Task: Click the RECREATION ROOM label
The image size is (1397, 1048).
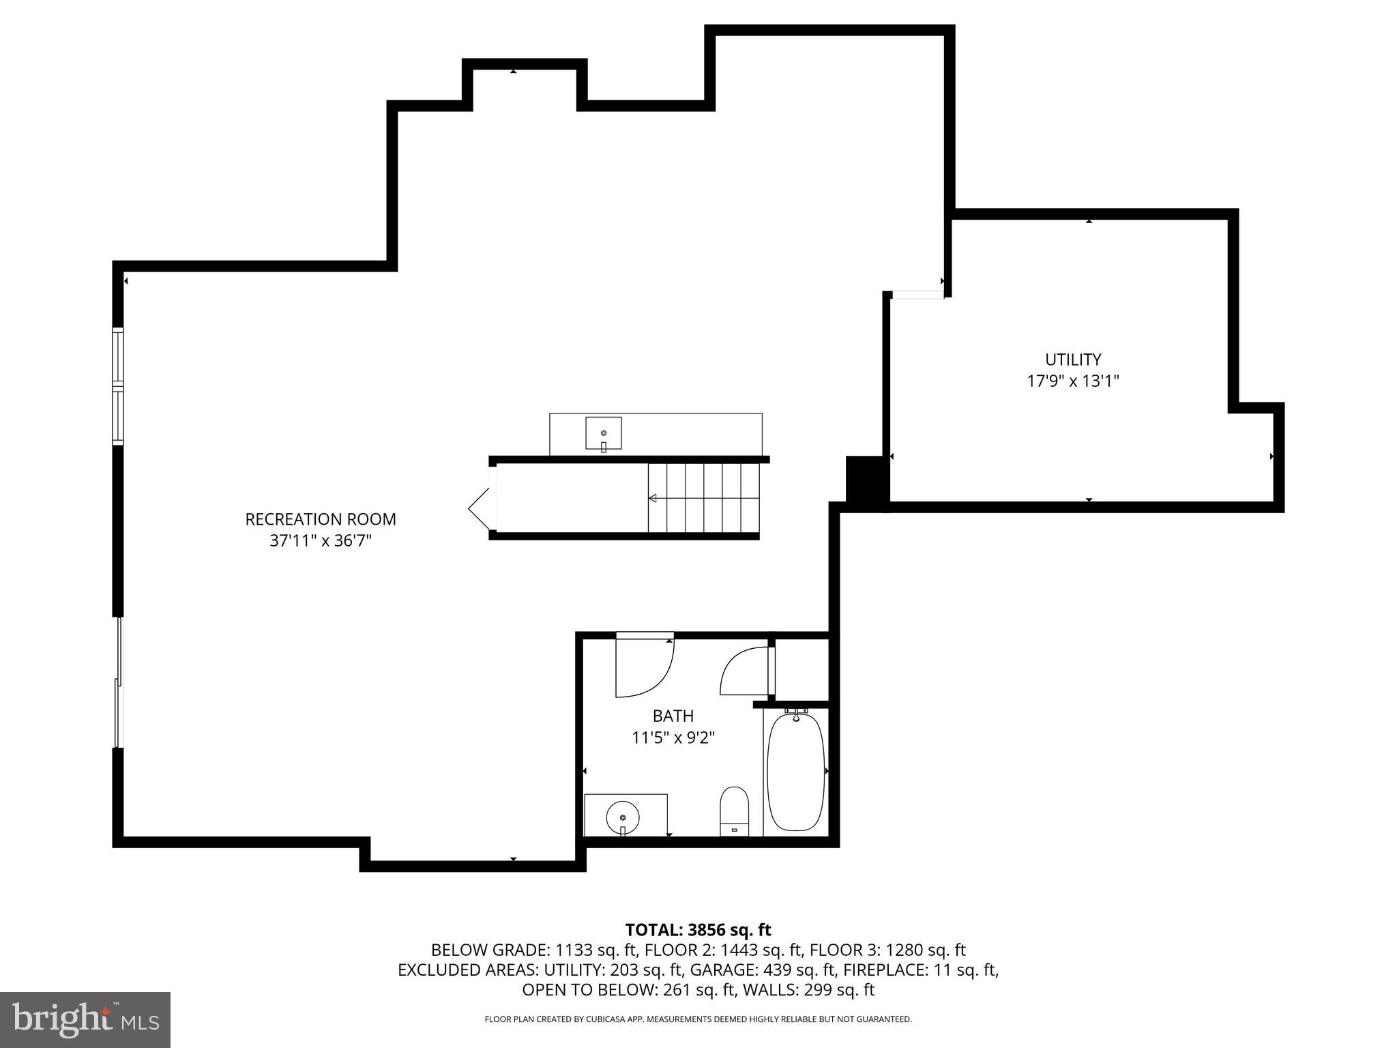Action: [321, 519]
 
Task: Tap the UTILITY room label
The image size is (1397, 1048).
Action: [1073, 360]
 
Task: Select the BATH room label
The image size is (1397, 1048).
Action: [673, 716]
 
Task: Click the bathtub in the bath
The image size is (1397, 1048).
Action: [796, 771]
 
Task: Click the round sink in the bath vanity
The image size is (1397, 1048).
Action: [623, 816]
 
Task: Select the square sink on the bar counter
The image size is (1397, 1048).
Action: [603, 433]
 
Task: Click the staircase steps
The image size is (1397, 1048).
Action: [703, 498]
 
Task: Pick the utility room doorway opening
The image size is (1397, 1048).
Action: [918, 295]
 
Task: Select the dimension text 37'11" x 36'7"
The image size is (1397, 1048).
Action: [321, 541]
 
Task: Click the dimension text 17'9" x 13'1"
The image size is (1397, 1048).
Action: [1073, 381]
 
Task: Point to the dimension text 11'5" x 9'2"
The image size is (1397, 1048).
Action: [673, 738]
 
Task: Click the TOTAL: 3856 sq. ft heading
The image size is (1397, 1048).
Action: [698, 930]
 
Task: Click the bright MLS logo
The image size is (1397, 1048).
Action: [85, 1019]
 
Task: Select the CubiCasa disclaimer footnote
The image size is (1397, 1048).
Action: [698, 1019]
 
